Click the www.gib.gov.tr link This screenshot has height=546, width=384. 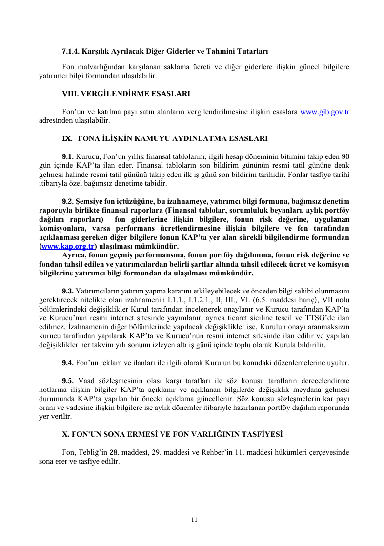point(324,112)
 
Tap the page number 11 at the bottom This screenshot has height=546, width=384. point(194,520)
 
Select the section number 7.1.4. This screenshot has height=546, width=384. point(71,51)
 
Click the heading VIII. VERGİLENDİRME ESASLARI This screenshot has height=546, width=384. point(126,93)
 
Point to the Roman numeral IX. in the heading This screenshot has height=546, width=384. point(67,138)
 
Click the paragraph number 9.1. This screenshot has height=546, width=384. point(68,156)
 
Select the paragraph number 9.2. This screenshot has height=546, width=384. point(68,201)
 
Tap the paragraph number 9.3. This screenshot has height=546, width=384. point(68,291)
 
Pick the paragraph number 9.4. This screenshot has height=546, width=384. point(68,363)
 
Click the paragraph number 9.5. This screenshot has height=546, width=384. point(68,381)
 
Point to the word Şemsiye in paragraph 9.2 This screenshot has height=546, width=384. point(90,201)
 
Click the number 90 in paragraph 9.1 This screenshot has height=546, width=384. point(344,156)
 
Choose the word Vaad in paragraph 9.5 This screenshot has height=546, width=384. point(86,381)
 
